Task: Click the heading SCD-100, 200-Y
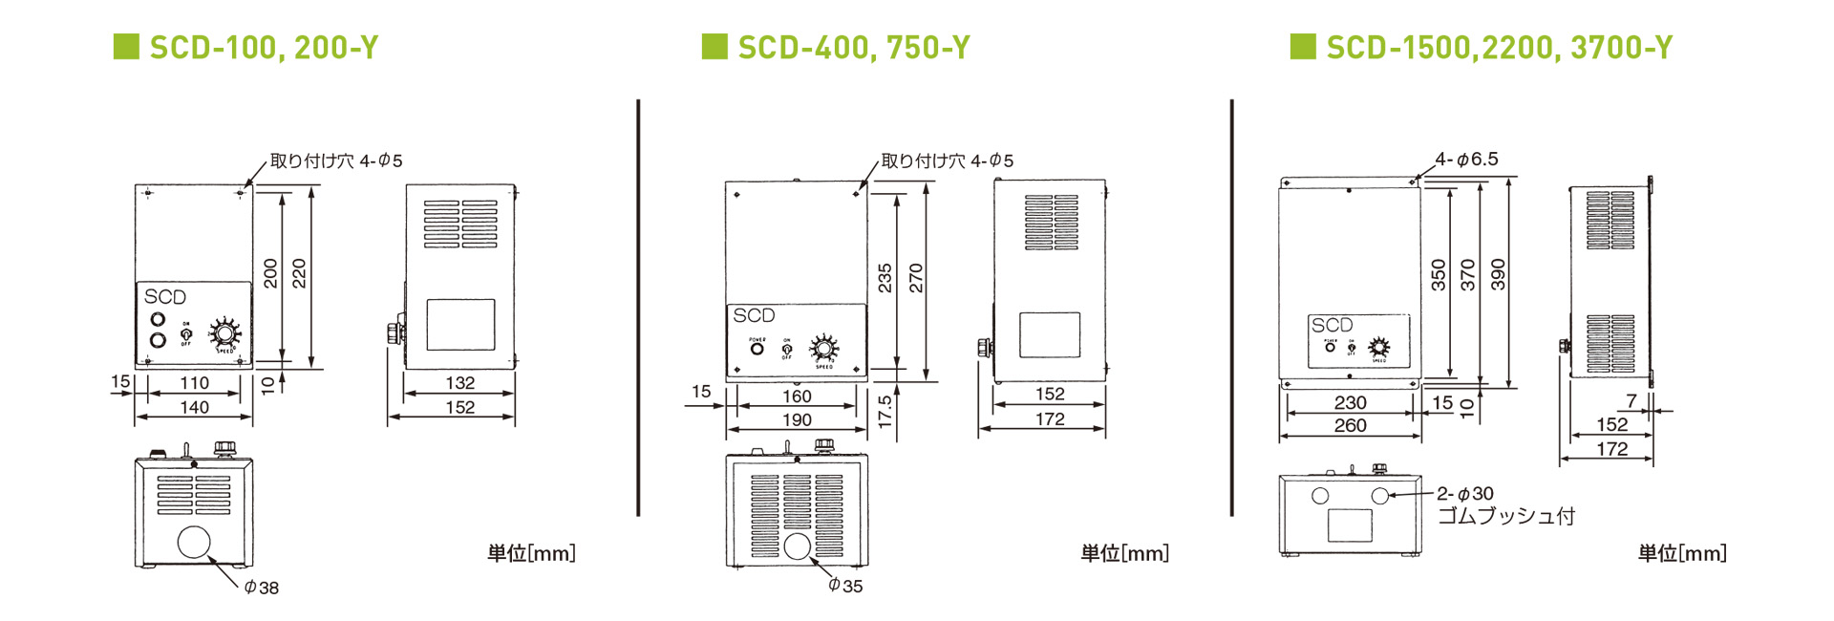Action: coord(264,47)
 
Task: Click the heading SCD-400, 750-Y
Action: coord(853,47)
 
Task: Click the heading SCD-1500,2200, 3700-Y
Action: coord(1499,47)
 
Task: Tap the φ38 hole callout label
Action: coord(262,588)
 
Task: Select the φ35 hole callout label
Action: coord(845,586)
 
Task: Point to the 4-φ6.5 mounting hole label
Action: coord(1466,160)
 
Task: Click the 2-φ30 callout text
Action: coord(1465,494)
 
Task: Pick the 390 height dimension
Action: coord(1498,275)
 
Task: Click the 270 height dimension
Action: coord(916,278)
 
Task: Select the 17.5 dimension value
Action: coord(885,411)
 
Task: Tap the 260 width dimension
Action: coord(1350,425)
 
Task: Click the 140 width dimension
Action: coord(194,407)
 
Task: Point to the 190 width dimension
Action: coord(797,419)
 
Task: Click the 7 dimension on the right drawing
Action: coord(1631,400)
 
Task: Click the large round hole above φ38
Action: coord(194,542)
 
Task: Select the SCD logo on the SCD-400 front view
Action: coord(754,315)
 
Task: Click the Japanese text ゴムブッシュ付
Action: coord(1505,517)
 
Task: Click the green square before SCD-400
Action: coord(714,46)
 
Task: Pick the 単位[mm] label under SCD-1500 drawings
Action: coord(1682,553)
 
